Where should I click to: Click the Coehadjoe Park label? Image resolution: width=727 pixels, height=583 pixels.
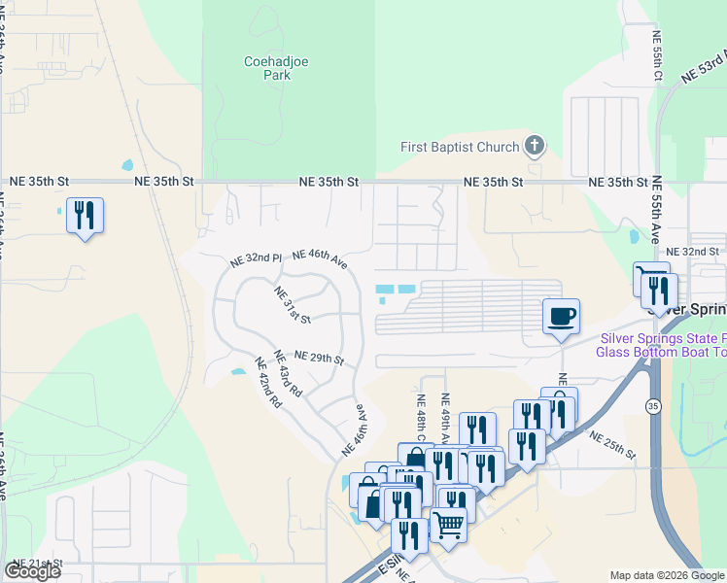pos(267,67)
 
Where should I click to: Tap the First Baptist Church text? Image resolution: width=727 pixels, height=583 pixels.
pos(460,148)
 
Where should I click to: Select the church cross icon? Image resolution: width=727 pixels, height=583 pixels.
pos(534,147)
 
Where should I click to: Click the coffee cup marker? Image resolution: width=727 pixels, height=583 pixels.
pos(561,317)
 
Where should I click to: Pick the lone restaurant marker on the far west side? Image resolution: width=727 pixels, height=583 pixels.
pos(85,215)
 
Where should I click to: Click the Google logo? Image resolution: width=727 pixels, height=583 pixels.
pos(32,570)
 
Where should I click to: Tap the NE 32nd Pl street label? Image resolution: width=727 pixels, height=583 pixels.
pos(256,260)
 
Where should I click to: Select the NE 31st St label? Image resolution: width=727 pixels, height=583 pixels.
pos(292,305)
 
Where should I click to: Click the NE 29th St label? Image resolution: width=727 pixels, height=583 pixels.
pos(319,358)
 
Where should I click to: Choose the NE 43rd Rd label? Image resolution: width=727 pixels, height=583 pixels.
pos(289,373)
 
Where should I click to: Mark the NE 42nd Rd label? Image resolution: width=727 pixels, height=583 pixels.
pos(268,383)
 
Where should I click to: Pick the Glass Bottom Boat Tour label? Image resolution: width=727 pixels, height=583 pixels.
pos(661,352)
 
